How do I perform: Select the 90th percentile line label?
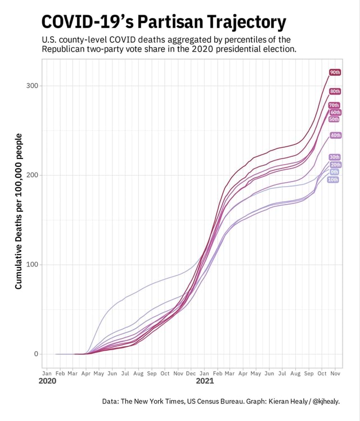pyautogui.click(x=335, y=73)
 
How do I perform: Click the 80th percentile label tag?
pyautogui.click(x=335, y=91)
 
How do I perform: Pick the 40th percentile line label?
pyautogui.click(x=335, y=135)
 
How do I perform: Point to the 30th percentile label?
pyautogui.click(x=335, y=157)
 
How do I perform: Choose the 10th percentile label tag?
pyautogui.click(x=332, y=180)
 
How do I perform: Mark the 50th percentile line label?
pyautogui.click(x=334, y=119)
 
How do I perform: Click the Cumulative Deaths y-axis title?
pyautogui.click(x=19, y=211)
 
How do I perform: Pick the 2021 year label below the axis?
pyautogui.click(x=205, y=382)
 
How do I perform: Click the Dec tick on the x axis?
pyautogui.click(x=191, y=373)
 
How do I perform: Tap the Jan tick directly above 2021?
pyautogui.click(x=204, y=373)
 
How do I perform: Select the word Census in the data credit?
pyautogui.click(x=209, y=401)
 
